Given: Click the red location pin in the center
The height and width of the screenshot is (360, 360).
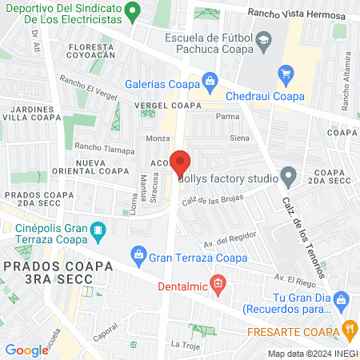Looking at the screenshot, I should pyautogui.click(x=180, y=162).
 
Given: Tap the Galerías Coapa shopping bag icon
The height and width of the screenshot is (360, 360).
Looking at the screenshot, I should pyautogui.click(x=210, y=80).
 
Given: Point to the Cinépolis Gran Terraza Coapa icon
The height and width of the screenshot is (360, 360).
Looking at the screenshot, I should pyautogui.click(x=98, y=233).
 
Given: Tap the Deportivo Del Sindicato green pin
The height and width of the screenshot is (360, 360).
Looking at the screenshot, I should pyautogui.click(x=135, y=11).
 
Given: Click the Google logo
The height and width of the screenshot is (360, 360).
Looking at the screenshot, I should pyautogui.click(x=26, y=350).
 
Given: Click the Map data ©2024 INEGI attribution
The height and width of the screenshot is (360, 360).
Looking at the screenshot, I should pyautogui.click(x=312, y=353).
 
